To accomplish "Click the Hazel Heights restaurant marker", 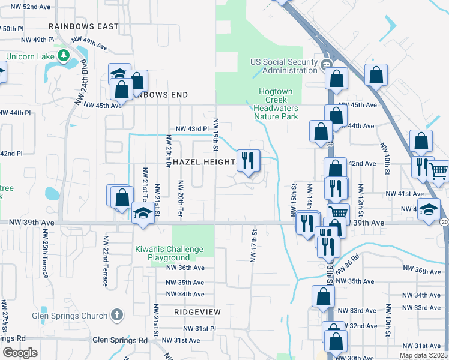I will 248,160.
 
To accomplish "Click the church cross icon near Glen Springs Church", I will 116,315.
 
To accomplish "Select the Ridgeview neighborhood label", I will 197,312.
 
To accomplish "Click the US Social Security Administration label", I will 284,66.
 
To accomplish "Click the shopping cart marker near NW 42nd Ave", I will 438,170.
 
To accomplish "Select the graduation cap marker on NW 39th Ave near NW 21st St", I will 143,214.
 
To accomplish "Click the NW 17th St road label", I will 253,245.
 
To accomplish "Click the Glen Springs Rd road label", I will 120,340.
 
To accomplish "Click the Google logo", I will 20,353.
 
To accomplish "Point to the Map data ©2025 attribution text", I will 423,355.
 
